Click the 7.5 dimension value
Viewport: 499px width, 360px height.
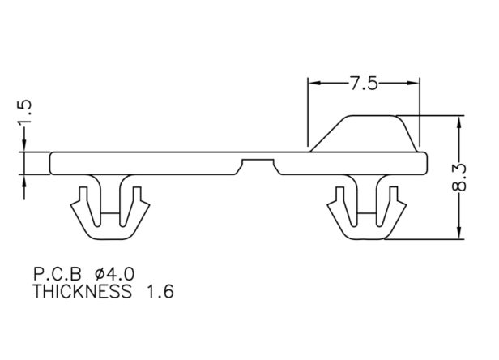[365, 84]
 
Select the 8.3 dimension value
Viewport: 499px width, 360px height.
[458, 178]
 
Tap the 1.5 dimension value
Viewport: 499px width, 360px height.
[24, 112]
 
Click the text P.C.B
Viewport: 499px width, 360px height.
[58, 274]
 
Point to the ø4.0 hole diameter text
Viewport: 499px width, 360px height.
[115, 274]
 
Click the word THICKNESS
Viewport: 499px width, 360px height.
[82, 291]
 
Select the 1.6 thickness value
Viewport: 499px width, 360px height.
[160, 292]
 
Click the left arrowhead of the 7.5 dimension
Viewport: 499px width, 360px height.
[315, 84]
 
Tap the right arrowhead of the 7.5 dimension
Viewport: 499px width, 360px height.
[412, 84]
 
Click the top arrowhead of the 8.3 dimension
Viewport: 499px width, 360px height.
[458, 123]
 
